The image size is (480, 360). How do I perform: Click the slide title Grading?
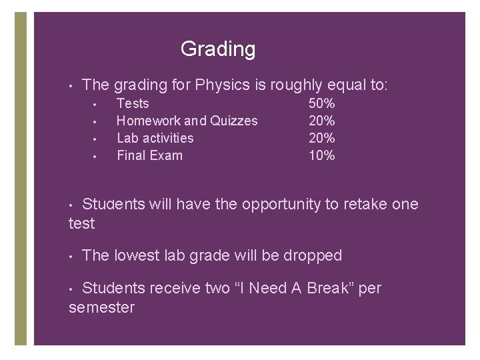click(x=217, y=49)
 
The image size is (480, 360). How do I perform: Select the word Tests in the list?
click(x=133, y=103)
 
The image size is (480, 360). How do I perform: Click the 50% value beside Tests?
click(x=322, y=103)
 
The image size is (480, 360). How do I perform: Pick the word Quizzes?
click(x=234, y=121)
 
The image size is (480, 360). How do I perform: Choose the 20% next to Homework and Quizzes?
click(x=322, y=121)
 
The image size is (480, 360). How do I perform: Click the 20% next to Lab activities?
click(x=322, y=138)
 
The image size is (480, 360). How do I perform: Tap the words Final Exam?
click(x=149, y=155)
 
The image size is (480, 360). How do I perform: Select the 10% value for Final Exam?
click(x=322, y=155)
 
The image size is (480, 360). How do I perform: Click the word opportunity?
click(x=281, y=205)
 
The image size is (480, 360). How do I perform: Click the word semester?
click(x=101, y=307)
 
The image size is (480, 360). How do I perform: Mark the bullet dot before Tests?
click(x=96, y=104)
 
